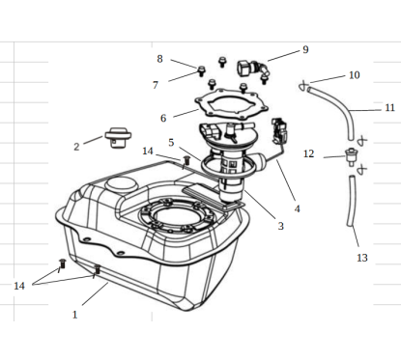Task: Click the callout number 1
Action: point(74,315)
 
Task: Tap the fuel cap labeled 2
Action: point(118,137)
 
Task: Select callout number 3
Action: point(281,226)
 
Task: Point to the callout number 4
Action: point(297,208)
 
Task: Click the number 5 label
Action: point(171,143)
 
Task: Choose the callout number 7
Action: point(156,85)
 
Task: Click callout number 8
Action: point(159,59)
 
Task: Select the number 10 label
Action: point(354,75)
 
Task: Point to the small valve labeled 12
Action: point(351,156)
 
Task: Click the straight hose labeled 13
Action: point(352,201)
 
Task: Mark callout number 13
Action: point(362,258)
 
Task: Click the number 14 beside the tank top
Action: point(148,151)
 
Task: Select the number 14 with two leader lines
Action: point(19,286)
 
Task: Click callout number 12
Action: point(308,153)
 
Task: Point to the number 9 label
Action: point(305,49)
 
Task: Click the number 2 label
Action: point(76,147)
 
